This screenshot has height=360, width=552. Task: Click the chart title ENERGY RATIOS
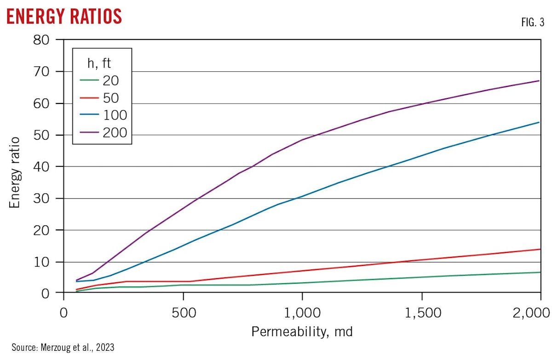coord(64,16)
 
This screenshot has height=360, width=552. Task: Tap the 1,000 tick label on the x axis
coord(302,314)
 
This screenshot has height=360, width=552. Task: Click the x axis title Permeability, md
coord(302,331)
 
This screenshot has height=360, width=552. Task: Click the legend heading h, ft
coord(99,63)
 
